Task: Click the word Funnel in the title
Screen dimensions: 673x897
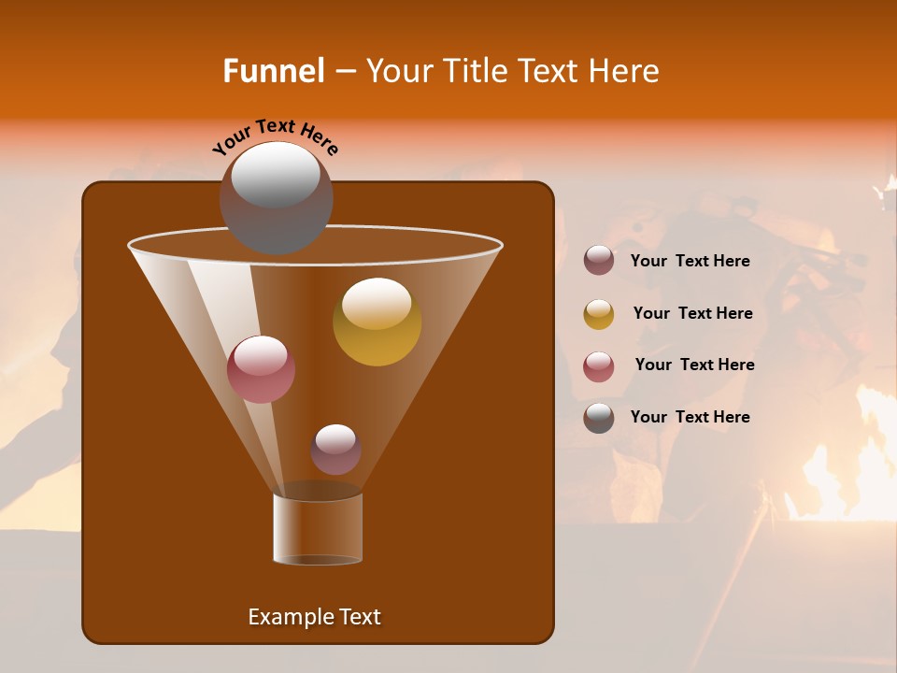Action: pyautogui.click(x=273, y=71)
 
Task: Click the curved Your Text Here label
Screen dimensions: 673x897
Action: pyautogui.click(x=275, y=136)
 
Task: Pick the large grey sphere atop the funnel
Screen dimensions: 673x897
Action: pyautogui.click(x=276, y=197)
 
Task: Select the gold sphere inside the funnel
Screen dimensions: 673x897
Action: pyautogui.click(x=377, y=322)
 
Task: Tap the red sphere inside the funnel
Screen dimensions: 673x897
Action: pyautogui.click(x=261, y=368)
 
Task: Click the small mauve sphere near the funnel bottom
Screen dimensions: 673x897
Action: pyautogui.click(x=335, y=449)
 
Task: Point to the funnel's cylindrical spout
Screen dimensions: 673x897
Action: pyautogui.click(x=318, y=528)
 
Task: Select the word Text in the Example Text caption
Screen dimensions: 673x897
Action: pyautogui.click(x=359, y=617)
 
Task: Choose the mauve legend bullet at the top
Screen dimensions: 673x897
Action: pyautogui.click(x=599, y=261)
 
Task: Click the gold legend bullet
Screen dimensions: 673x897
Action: pyautogui.click(x=599, y=314)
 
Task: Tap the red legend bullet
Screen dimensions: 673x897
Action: pyautogui.click(x=599, y=366)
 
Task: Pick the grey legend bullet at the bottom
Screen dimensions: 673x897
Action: pyautogui.click(x=599, y=418)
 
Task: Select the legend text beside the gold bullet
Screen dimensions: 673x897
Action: pyautogui.click(x=692, y=313)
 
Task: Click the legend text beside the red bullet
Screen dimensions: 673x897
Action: pyautogui.click(x=694, y=365)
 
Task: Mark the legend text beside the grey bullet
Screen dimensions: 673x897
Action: pyautogui.click(x=690, y=417)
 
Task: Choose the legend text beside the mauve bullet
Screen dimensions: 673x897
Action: pyautogui.click(x=690, y=261)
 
